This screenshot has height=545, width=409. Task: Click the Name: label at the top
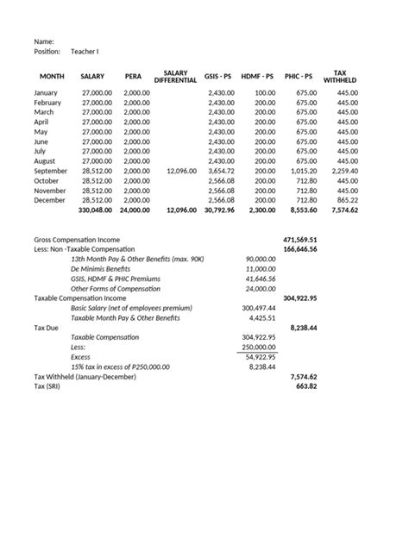[44, 41]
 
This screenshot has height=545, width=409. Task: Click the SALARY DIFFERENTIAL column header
[175, 77]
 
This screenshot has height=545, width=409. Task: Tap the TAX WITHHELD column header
[340, 77]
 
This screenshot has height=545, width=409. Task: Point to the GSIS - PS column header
[217, 77]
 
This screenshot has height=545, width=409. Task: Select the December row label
[50, 200]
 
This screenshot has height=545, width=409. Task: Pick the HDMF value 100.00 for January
[265, 92]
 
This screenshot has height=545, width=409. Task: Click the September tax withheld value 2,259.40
[342, 171]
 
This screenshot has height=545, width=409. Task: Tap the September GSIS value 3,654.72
[220, 171]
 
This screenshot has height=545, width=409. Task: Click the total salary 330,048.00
[95, 210]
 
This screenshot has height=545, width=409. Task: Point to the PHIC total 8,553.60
[304, 210]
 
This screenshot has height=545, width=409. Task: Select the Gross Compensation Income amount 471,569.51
[300, 239]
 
